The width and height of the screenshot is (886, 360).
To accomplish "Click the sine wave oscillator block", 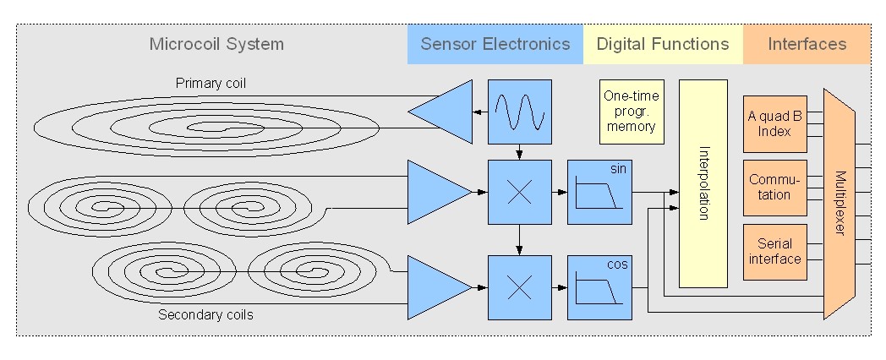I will click(519, 111).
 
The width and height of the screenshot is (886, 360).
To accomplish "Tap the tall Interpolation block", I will click(703, 183).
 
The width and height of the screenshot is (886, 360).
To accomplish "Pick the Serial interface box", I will click(774, 251).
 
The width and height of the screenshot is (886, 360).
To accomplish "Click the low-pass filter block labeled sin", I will click(599, 192).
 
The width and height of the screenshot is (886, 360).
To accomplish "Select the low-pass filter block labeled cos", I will click(599, 287).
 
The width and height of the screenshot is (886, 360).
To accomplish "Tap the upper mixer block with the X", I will click(519, 192).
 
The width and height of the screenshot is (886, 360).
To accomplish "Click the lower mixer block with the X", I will click(519, 287).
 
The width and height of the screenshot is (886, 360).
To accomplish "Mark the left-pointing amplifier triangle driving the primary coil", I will click(446, 111).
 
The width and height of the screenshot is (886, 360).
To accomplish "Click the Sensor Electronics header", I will click(495, 44).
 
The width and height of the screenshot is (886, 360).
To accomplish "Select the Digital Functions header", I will click(663, 44).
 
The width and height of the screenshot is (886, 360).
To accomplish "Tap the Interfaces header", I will click(807, 44).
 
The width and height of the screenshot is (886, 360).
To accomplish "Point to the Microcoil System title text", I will click(216, 44).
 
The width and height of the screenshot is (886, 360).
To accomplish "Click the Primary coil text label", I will click(211, 83).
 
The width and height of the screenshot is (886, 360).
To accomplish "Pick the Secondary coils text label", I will click(205, 315).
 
